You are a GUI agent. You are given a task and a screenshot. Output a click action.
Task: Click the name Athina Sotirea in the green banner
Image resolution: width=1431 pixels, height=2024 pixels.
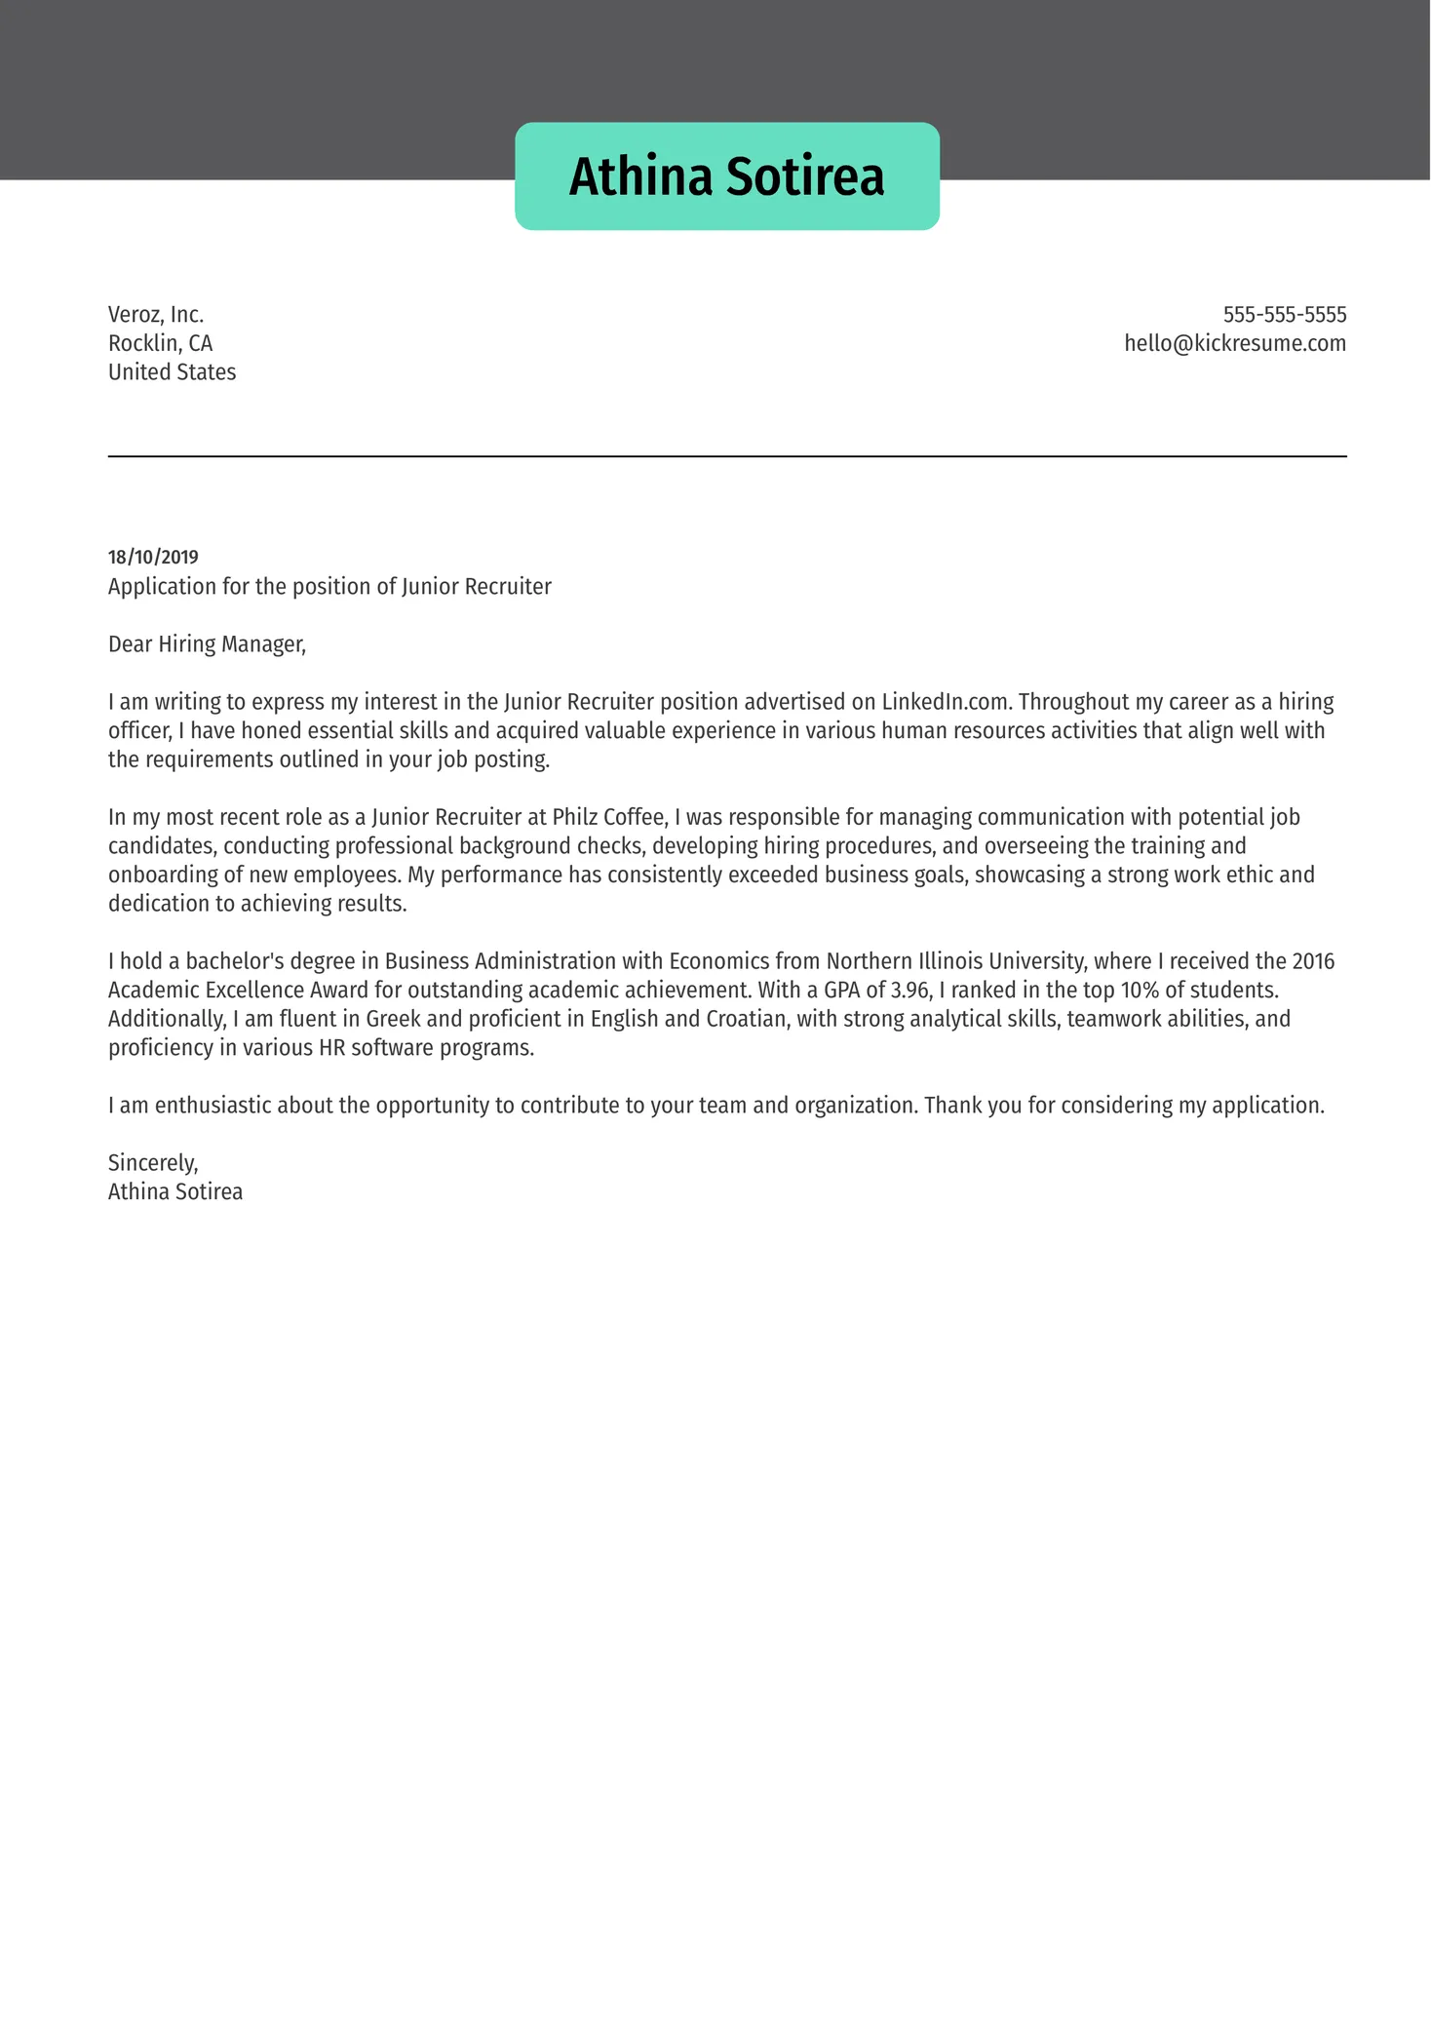click(726, 176)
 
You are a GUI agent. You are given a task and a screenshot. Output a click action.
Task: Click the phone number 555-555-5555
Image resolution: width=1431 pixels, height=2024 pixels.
click(1284, 315)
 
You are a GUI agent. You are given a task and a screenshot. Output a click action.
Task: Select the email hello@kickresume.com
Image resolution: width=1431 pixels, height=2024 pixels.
click(1234, 343)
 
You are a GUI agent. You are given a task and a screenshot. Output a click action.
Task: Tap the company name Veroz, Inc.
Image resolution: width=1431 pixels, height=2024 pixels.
click(156, 315)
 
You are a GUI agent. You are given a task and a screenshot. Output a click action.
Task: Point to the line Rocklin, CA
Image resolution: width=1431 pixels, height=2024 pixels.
click(160, 343)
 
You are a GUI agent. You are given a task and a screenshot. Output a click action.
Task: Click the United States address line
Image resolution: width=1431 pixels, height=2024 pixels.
click(172, 372)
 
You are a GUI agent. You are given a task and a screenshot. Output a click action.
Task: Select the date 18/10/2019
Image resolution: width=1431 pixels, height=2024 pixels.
click(153, 557)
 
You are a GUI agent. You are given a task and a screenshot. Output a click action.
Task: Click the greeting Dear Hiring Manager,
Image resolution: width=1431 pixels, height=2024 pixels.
click(207, 644)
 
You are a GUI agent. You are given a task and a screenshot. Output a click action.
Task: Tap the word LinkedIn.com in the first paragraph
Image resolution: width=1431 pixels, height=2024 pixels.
click(946, 702)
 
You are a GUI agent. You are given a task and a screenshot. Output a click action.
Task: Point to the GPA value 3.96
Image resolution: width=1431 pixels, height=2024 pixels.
click(910, 991)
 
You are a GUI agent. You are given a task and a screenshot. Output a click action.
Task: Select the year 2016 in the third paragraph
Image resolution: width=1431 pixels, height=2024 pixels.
click(1312, 961)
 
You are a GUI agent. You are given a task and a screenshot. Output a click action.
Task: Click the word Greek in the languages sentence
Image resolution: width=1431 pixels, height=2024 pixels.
click(393, 1019)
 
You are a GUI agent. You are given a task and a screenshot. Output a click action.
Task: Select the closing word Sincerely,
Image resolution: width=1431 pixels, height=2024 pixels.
click(153, 1163)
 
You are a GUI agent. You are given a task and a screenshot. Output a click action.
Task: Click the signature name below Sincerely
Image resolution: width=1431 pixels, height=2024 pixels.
click(175, 1191)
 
